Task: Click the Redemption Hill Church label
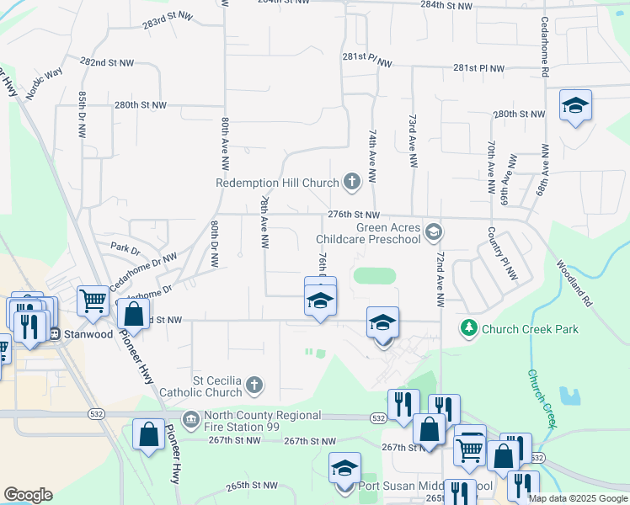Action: pos(277,182)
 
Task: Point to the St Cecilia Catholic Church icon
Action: pos(254,386)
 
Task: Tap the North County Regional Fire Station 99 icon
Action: pos(191,419)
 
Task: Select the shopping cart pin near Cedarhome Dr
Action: pos(93,299)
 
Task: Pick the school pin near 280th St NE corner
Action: pos(575,106)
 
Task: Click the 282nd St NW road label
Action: pos(106,62)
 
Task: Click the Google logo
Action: pos(28,495)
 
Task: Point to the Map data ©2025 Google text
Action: pos(578,498)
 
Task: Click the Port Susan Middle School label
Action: pos(424,486)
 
